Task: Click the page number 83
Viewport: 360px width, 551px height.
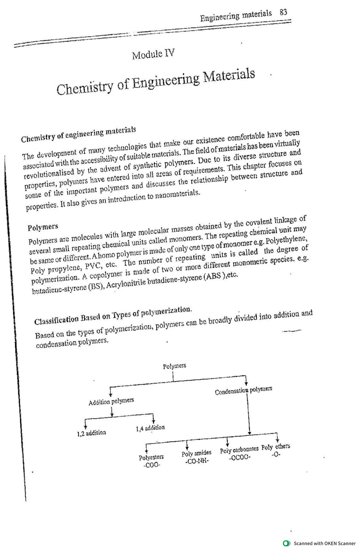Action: point(283,13)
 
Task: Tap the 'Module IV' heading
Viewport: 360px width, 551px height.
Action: point(153,54)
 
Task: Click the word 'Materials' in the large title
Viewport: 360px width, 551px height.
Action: point(229,76)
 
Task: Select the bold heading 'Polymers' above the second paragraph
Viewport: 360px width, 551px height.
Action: point(43,227)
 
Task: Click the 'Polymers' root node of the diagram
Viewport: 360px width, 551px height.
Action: point(174,366)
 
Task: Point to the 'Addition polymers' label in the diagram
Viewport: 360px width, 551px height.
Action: point(111,401)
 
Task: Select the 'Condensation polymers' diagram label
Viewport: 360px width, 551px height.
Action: point(243,391)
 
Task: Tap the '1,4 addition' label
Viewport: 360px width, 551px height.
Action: point(150,428)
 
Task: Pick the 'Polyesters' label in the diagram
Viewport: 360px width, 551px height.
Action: point(151,457)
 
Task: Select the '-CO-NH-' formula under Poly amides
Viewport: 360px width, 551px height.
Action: point(197,461)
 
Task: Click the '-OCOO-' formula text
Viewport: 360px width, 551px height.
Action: point(239,458)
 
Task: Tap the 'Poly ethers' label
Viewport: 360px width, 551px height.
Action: point(275,447)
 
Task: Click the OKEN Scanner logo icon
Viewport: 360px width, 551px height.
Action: point(287,543)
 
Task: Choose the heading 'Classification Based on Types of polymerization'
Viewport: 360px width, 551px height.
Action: point(113,315)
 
